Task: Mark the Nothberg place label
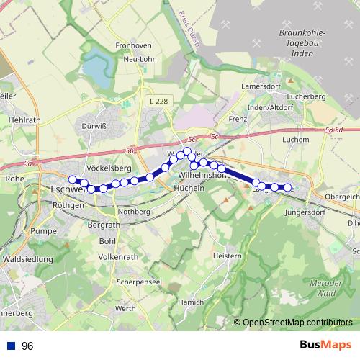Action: coord(134,212)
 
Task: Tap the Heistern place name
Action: coord(228,256)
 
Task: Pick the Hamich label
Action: coord(191,302)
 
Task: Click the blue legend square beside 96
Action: coord(9,346)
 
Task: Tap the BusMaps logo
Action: coord(325,345)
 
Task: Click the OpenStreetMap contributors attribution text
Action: coord(297,323)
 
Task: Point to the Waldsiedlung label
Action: coord(28,258)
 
